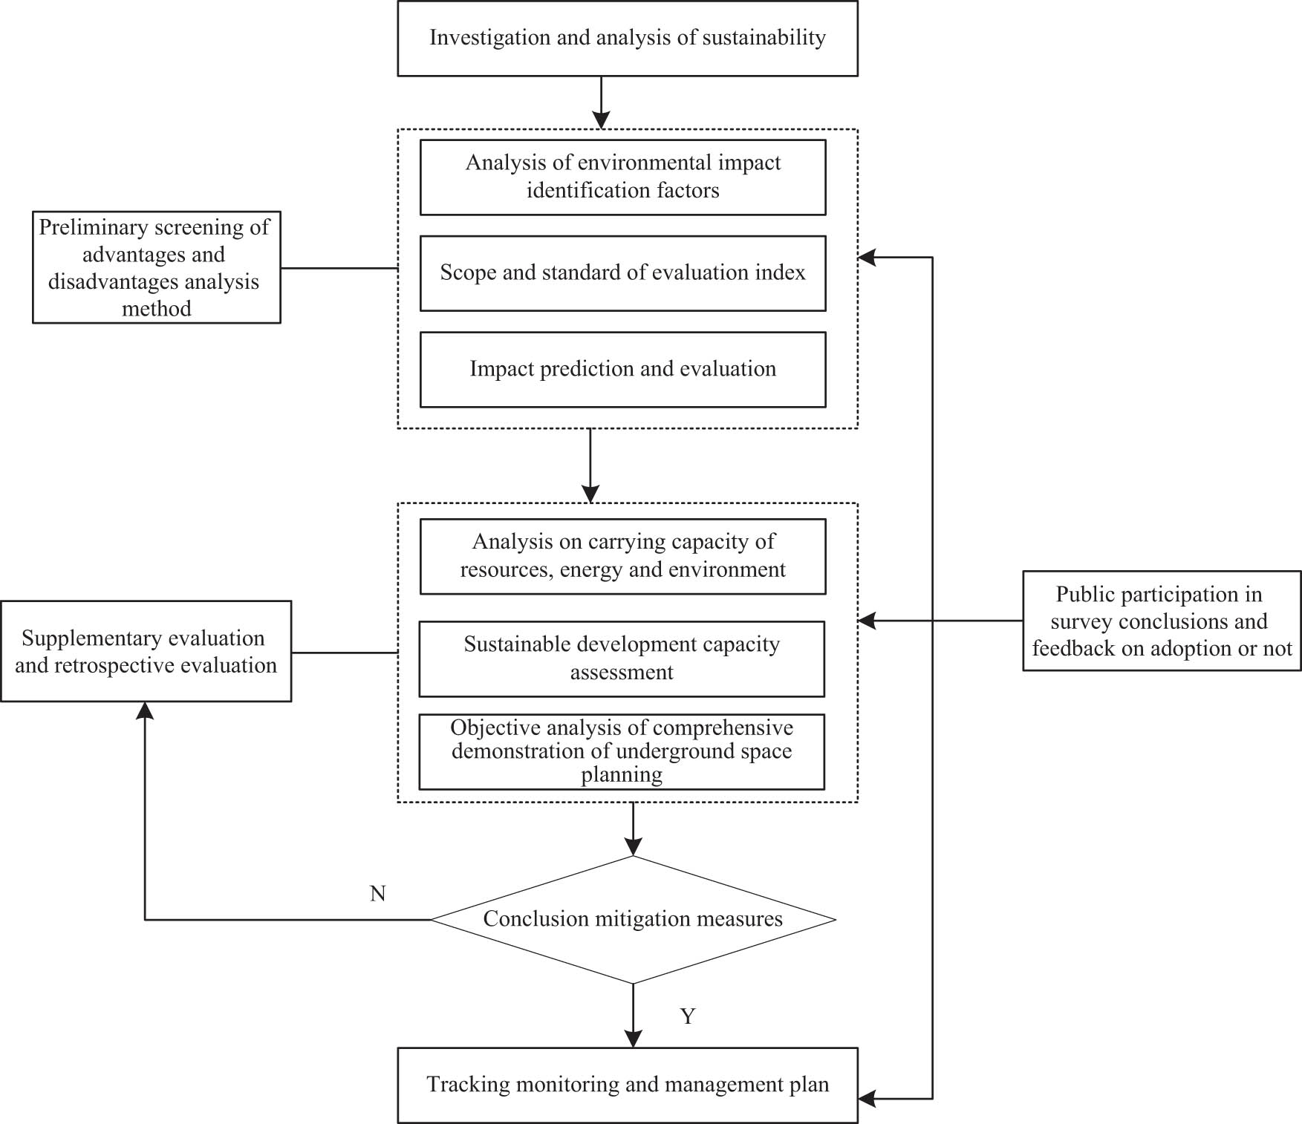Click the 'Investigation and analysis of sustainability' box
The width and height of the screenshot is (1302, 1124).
(628, 39)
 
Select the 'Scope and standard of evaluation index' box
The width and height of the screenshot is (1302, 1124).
(622, 273)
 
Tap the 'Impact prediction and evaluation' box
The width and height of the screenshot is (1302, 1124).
(622, 370)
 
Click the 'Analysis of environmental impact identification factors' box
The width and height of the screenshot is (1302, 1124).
(622, 177)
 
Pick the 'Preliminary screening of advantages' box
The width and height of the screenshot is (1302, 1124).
(156, 267)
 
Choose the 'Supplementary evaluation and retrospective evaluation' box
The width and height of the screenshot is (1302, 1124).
(146, 651)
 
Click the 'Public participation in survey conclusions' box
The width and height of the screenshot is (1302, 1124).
(1162, 621)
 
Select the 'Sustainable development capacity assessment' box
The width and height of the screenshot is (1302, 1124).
(622, 659)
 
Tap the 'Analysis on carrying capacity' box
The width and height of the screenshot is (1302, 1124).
(622, 556)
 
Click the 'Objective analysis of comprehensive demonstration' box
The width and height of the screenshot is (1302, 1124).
(622, 751)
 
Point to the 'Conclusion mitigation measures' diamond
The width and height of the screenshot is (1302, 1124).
(633, 919)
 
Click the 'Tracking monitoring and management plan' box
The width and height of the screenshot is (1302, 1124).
(628, 1085)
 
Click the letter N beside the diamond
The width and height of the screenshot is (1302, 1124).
(377, 894)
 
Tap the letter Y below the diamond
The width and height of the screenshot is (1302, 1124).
(688, 1016)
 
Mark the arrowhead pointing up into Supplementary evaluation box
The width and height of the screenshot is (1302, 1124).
(145, 711)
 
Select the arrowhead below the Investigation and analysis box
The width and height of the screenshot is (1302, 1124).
(601, 120)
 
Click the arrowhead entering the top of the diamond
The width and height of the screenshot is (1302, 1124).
(633, 846)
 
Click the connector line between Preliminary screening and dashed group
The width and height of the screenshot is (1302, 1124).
(339, 268)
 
